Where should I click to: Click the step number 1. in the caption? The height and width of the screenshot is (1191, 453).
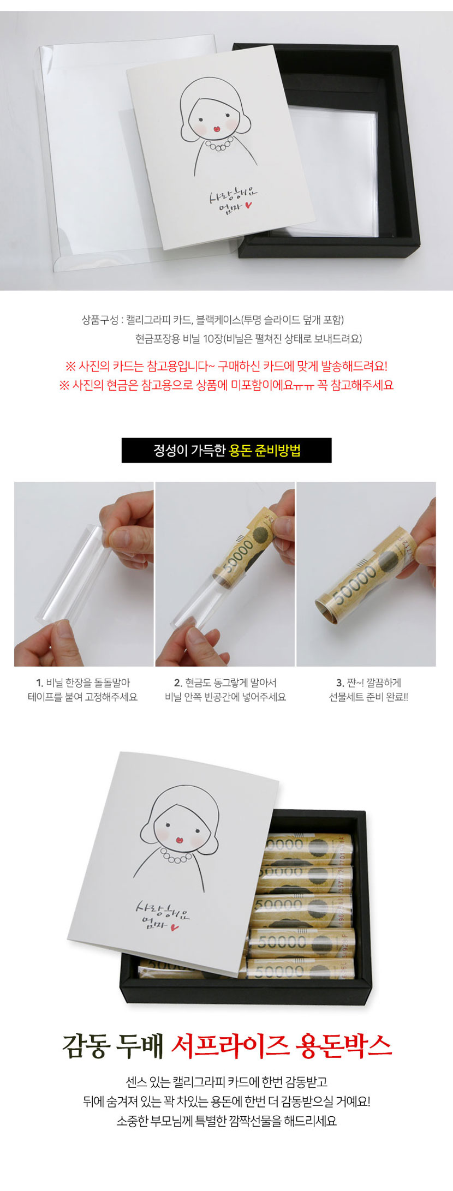39,683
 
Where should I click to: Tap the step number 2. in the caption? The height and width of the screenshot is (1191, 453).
178,683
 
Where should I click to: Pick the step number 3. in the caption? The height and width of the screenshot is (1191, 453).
340,683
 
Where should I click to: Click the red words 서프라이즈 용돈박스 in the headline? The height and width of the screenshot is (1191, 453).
282,1044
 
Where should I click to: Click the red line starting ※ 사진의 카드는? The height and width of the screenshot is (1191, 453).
226,366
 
